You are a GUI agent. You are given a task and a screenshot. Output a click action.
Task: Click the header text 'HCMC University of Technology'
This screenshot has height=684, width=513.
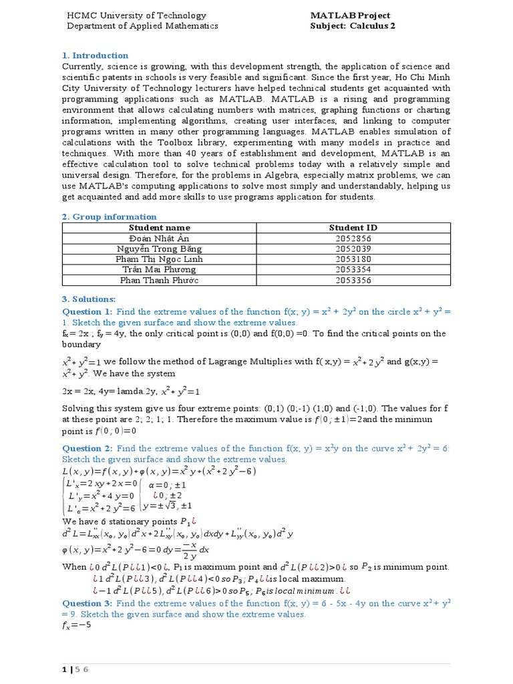(136, 15)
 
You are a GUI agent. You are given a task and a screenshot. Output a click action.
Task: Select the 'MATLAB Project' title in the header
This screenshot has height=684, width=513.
(350, 15)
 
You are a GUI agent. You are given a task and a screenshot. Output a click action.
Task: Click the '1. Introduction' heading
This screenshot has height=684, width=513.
(95, 55)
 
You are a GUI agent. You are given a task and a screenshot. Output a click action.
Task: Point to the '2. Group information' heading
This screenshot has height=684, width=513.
(109, 216)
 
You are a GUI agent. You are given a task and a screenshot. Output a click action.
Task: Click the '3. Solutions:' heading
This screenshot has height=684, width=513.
(89, 299)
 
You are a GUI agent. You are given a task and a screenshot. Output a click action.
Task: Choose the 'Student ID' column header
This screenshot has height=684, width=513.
(353, 228)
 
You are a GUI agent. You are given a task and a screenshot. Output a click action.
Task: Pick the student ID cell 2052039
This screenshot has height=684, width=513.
(353, 248)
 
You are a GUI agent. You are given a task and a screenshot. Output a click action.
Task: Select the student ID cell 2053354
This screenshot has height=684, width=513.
(353, 269)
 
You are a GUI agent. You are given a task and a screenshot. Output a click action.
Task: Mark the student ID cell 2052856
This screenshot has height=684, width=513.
(353, 238)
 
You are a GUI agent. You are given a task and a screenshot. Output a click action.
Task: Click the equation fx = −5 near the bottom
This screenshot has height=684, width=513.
(76, 626)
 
